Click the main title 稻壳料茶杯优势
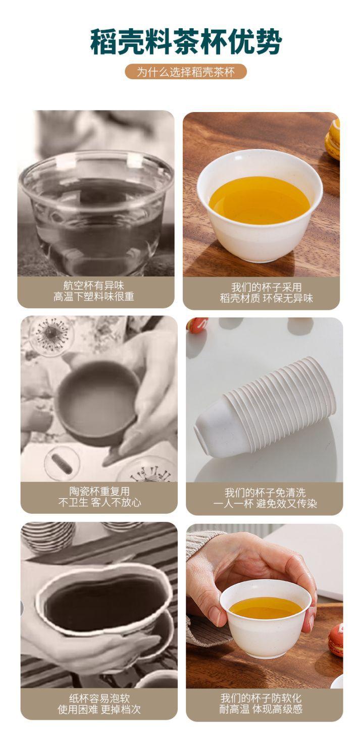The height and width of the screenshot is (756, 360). (186, 42)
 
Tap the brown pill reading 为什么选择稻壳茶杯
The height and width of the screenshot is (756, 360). (186, 72)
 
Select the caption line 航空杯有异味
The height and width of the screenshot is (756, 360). (94, 286)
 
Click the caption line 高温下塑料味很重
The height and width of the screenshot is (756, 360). (94, 297)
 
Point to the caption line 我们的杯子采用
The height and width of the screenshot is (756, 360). (266, 288)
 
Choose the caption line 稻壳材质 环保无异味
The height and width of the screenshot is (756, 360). (266, 298)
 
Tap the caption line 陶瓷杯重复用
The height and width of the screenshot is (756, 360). (99, 492)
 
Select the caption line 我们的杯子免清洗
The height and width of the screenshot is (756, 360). (265, 493)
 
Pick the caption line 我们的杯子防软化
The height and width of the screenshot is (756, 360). (261, 698)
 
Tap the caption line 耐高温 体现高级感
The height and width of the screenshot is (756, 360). (261, 709)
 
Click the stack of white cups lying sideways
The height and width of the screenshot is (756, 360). (265, 407)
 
